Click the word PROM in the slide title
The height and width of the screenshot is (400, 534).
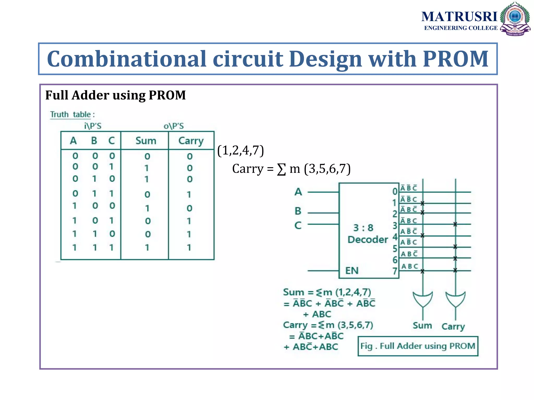point(456,59)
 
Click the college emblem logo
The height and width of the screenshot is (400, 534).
point(515,19)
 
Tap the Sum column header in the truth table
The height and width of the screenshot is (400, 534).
point(146,141)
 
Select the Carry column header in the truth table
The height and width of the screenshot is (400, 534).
point(191,141)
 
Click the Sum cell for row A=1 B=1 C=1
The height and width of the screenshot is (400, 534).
point(147,247)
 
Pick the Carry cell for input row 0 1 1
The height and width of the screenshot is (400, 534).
point(189,194)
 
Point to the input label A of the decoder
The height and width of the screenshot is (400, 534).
point(298,192)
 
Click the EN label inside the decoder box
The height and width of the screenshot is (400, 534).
point(352,271)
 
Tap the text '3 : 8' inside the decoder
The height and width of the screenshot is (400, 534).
point(363,228)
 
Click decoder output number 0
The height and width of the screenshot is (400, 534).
point(395,191)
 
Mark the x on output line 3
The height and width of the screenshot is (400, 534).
point(455,224)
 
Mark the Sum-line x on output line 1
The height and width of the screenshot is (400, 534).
point(422,203)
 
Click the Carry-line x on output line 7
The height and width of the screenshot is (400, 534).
point(455,271)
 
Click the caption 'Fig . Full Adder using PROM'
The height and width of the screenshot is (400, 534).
point(418,346)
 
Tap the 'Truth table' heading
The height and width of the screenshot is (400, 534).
point(70,114)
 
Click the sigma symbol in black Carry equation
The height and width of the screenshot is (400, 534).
point(281,170)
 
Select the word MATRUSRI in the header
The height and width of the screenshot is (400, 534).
point(459,17)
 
